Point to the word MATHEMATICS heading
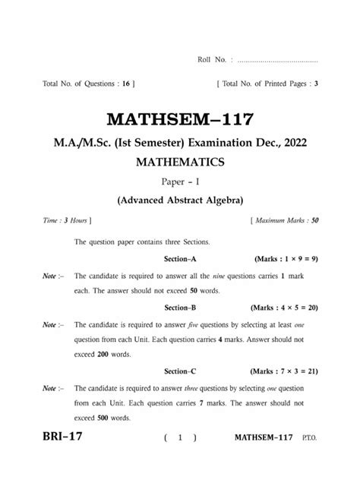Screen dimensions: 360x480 point(179,162)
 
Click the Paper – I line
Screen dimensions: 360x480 point(179,182)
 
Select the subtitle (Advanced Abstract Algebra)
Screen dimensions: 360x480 point(179,201)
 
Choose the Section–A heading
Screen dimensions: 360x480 point(181,259)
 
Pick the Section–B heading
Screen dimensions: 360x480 point(181,308)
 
